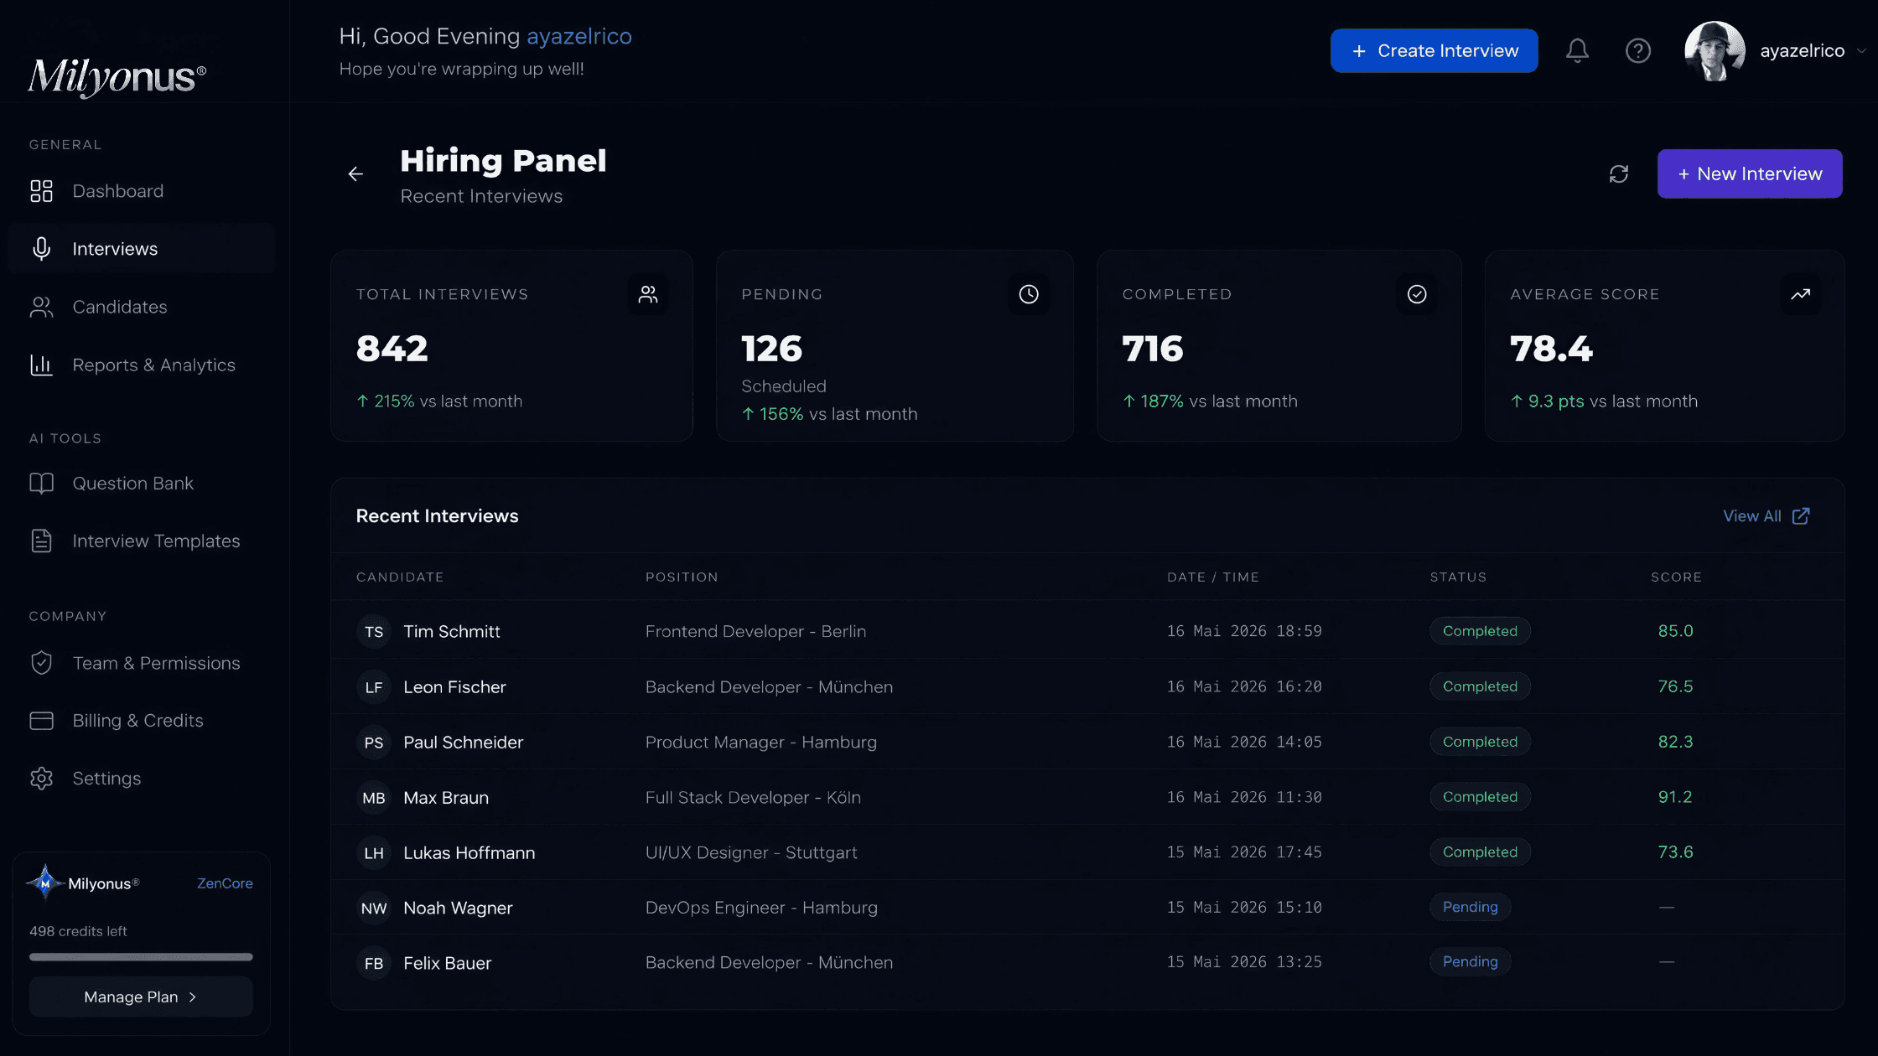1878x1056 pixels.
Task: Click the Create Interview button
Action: pos(1434,51)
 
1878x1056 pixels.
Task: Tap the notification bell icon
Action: pos(1577,51)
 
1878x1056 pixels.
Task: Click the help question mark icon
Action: pos(1638,51)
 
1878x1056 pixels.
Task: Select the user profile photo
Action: pos(1715,51)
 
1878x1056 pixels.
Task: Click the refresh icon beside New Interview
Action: pos(1619,173)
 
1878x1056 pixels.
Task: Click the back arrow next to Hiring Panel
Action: pos(355,173)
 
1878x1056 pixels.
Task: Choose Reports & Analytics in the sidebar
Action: pos(132,365)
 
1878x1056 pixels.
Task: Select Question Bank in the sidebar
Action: pos(112,483)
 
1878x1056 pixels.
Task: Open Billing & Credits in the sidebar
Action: pos(117,721)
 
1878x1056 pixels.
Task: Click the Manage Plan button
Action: pos(141,996)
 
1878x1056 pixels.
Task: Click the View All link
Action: pos(1766,516)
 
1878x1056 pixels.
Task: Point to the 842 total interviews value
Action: pos(392,349)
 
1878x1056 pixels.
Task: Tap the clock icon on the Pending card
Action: pos(1029,294)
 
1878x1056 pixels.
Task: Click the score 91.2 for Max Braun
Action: pos(1675,797)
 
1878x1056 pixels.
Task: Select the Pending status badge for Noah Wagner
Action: pos(1470,907)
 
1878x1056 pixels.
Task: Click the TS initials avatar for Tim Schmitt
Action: pos(374,631)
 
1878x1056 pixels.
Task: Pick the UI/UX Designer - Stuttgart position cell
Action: pos(751,852)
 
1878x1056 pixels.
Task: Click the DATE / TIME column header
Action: pos(1212,577)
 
